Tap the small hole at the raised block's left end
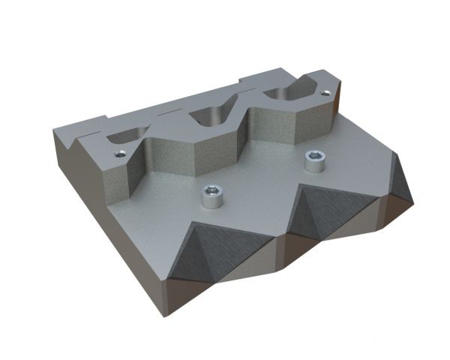coord(121,155)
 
